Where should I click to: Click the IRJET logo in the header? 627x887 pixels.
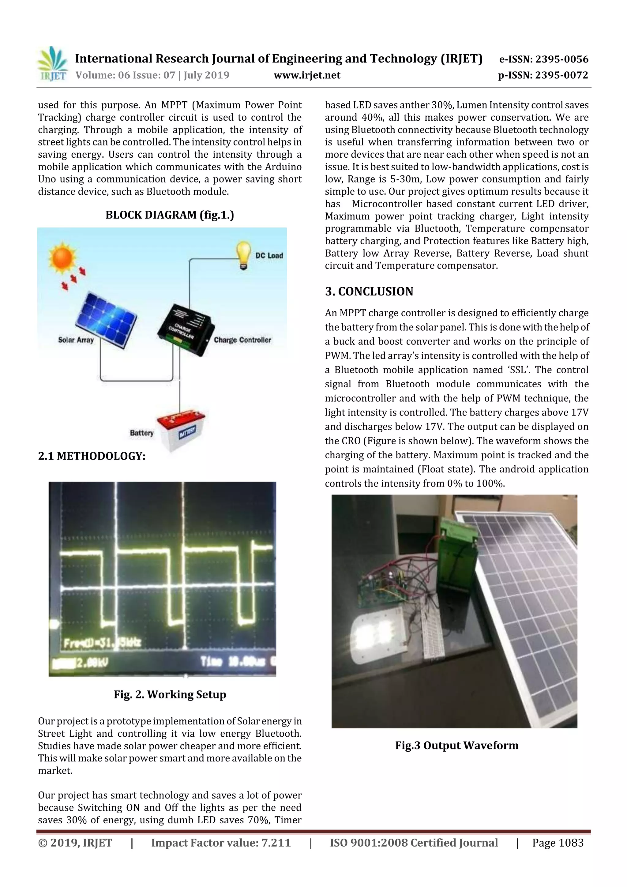[x=52, y=64]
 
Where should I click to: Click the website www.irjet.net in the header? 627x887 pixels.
[x=307, y=75]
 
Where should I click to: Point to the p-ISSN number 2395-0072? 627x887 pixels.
[x=543, y=75]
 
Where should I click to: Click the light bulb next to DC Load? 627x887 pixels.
[x=243, y=254]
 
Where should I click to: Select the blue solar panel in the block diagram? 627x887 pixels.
[x=106, y=319]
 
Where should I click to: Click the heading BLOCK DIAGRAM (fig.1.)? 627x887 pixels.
[x=170, y=215]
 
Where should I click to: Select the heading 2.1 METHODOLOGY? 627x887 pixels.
[x=92, y=456]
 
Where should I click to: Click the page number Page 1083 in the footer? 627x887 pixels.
[x=558, y=843]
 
